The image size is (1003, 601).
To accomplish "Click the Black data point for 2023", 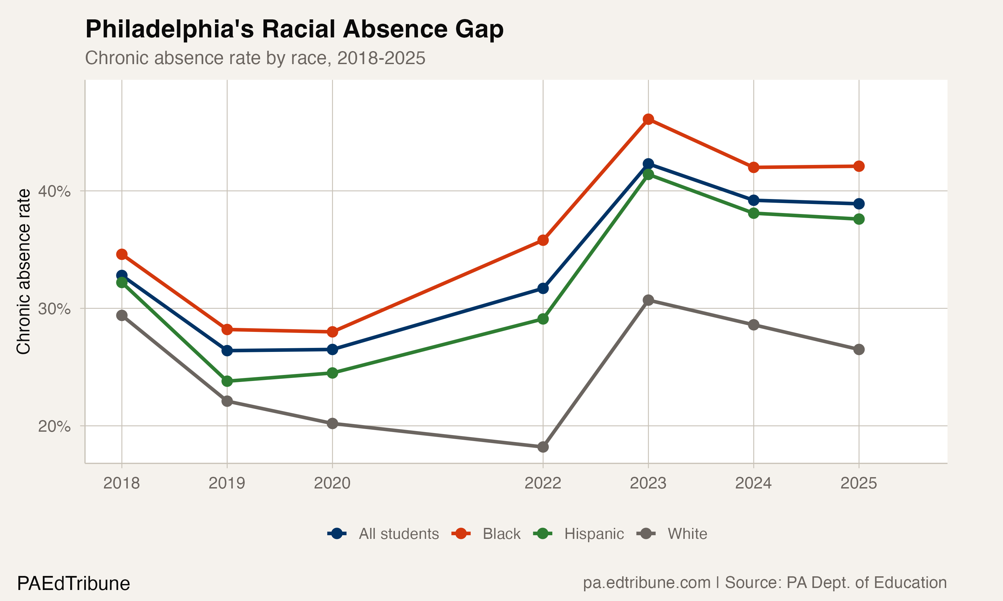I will point(648,119).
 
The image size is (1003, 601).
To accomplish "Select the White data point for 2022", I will point(543,447).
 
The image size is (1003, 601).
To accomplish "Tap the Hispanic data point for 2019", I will point(227,381).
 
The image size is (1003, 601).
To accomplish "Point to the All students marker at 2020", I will point(332,350).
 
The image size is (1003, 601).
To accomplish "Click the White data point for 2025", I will point(859,350).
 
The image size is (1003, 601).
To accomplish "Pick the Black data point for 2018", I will point(122,254).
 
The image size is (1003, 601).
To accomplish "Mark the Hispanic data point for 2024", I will point(753,213).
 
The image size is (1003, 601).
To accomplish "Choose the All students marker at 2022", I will point(543,288).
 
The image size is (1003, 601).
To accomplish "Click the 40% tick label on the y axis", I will point(54,191).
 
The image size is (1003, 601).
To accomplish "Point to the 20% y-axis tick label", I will point(54,426).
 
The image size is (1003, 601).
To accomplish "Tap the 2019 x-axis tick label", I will point(227,483).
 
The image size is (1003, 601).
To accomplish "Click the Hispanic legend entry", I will point(593,534).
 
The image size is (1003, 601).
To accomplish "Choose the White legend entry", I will point(687,534).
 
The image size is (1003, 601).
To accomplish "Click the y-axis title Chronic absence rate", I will point(23,271).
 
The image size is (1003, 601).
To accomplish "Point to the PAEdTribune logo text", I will point(73,584).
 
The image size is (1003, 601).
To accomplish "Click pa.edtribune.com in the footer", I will point(646,583).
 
